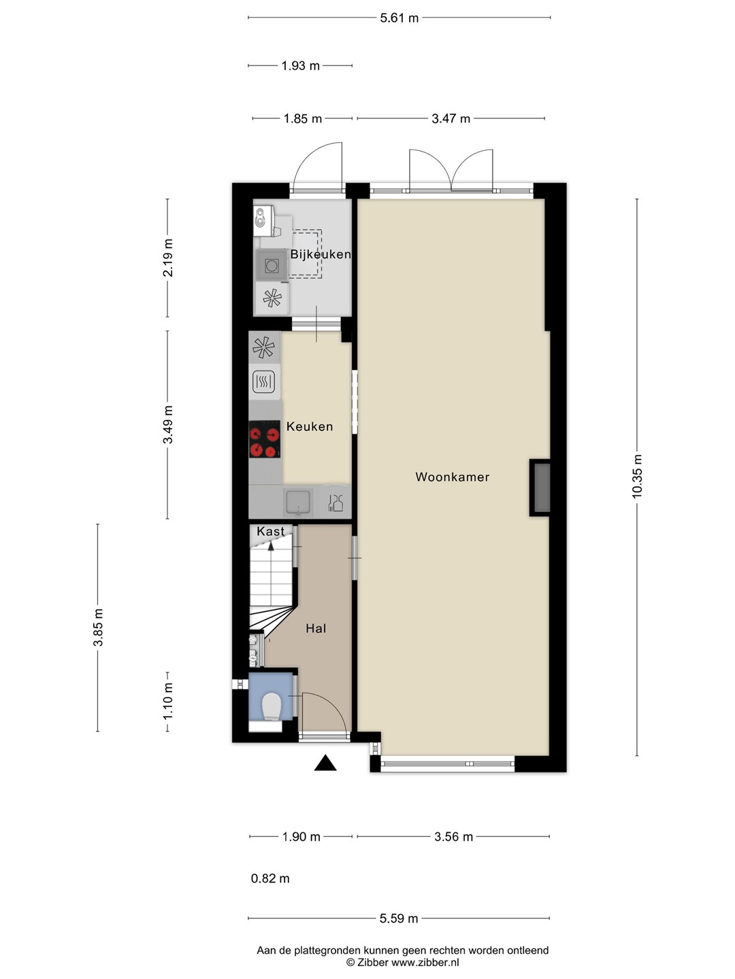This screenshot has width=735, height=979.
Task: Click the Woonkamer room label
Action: pyautogui.click(x=452, y=477)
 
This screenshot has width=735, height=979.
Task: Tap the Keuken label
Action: pyautogui.click(x=309, y=426)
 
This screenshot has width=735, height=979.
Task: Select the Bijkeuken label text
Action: pyautogui.click(x=321, y=254)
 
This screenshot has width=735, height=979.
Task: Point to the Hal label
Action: pyautogui.click(x=316, y=628)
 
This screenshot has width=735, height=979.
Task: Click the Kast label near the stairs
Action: pyautogui.click(x=270, y=531)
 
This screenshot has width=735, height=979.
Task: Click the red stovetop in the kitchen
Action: pyautogui.click(x=265, y=439)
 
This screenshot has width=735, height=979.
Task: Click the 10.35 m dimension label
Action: pyautogui.click(x=637, y=477)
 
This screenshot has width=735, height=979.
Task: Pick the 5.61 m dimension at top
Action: pyautogui.click(x=399, y=18)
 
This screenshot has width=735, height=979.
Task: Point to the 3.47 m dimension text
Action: pyautogui.click(x=451, y=119)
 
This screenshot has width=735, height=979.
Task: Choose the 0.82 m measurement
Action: pyautogui.click(x=270, y=878)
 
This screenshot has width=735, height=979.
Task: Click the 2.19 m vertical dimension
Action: pyautogui.click(x=168, y=258)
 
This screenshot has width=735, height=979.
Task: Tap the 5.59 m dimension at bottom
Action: pyautogui.click(x=399, y=918)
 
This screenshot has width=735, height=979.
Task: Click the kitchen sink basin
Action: pyautogui.click(x=298, y=502)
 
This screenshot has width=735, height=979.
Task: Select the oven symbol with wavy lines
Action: pyautogui.click(x=264, y=382)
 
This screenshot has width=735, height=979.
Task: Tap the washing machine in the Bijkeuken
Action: pyautogui.click(x=272, y=265)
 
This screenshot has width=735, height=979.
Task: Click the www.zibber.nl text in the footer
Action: pyautogui.click(x=425, y=963)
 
